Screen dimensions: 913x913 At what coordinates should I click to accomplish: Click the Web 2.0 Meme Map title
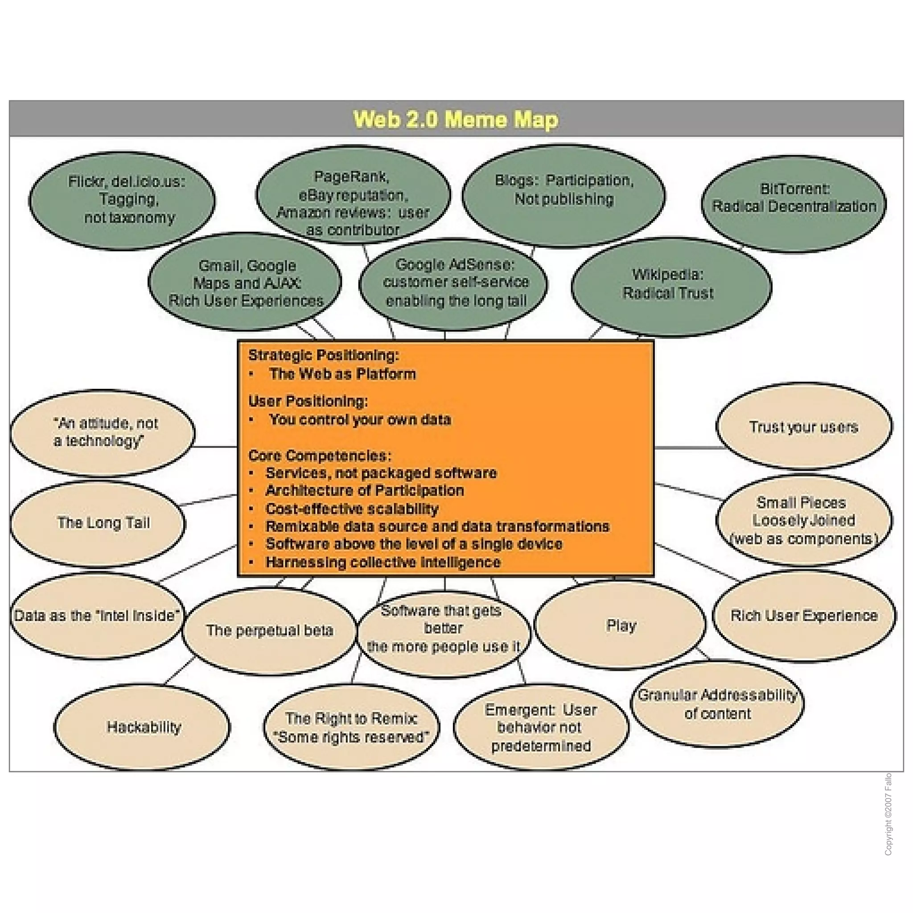click(456, 119)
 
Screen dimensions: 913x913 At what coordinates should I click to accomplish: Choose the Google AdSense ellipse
click(454, 283)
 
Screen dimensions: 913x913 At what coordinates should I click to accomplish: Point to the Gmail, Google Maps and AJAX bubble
click(245, 283)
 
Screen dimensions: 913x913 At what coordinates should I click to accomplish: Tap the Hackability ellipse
click(143, 727)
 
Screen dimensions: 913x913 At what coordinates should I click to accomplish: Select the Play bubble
click(620, 625)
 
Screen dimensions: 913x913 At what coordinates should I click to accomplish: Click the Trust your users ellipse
click(803, 427)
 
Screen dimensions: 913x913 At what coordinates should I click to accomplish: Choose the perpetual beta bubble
click(269, 630)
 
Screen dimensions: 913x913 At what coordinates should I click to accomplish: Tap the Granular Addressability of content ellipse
click(717, 703)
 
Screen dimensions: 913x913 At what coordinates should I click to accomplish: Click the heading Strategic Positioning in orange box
click(324, 355)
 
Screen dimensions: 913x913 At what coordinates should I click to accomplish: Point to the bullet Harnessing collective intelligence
click(383, 562)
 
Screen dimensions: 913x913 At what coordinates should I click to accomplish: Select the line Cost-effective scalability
click(352, 509)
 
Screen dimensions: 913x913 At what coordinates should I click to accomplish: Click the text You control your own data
click(360, 419)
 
